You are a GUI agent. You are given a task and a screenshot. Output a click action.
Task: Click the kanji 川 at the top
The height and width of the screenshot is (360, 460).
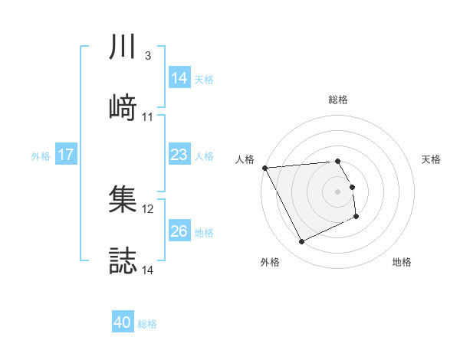coord(123,48)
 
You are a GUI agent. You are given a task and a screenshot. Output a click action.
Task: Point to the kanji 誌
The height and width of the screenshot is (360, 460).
coord(123,260)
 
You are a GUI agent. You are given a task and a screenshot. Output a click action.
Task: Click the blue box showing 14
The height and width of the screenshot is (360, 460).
coord(179,78)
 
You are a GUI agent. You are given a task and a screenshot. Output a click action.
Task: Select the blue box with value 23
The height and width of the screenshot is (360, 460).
coord(179,155)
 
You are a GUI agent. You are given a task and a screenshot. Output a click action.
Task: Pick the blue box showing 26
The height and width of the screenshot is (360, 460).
coord(179,231)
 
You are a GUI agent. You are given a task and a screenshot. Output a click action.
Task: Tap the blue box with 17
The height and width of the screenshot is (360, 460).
coord(66,155)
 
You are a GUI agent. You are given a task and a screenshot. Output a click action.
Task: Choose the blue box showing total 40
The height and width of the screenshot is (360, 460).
coord(123,323)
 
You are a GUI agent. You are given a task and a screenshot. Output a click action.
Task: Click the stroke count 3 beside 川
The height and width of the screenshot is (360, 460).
coord(147,56)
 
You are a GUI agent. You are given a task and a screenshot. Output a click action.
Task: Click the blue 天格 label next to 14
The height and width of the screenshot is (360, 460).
coord(204,79)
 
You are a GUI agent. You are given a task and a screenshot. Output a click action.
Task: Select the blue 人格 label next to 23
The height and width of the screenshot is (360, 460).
coord(204,155)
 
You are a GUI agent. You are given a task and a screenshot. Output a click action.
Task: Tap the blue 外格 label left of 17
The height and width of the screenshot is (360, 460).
coord(41,155)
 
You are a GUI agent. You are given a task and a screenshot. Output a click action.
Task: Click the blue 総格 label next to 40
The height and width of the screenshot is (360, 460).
coord(147,324)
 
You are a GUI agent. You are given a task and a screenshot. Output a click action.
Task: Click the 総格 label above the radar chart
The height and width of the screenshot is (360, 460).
coord(338,100)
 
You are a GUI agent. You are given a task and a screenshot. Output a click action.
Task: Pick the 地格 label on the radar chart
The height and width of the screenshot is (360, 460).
coord(402,262)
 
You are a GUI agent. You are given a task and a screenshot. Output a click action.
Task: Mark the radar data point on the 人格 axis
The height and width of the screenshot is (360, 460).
coord(264,168)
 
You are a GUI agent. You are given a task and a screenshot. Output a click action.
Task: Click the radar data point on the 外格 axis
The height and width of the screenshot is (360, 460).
coord(301,242)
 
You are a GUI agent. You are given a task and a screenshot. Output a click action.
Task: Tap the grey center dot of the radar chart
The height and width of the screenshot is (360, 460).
coord(338,191)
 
